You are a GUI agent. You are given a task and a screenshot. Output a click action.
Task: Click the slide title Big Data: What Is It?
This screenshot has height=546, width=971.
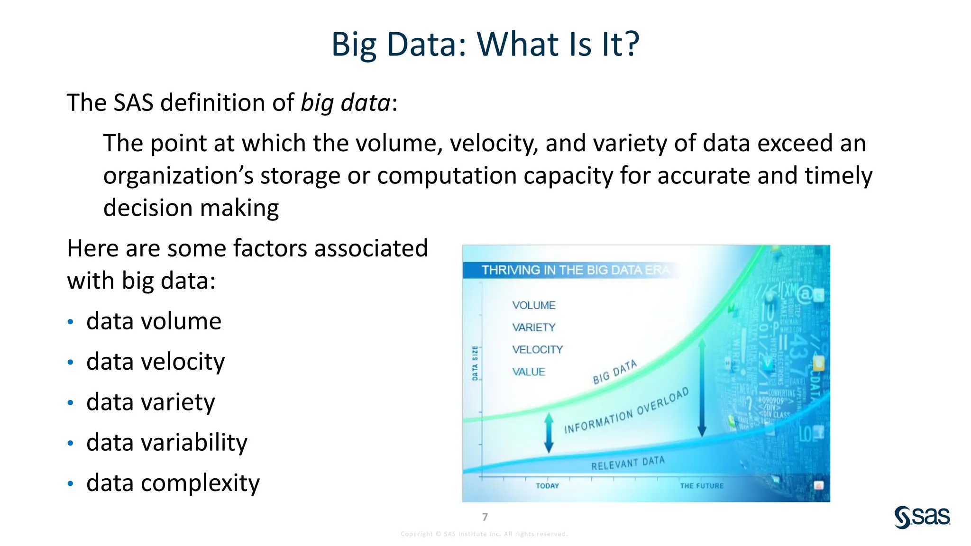pos(485,44)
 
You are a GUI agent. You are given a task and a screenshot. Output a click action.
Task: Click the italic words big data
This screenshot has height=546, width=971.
pos(346,103)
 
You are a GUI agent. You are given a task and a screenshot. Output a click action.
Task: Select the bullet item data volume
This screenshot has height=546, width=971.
pos(154,321)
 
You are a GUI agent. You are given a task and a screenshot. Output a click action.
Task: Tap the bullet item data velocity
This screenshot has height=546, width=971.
pos(156,362)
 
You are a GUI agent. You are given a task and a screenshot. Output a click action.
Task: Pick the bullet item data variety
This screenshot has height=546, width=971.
pos(150,402)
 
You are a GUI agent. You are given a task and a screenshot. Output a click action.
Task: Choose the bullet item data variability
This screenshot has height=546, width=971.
pos(166,442)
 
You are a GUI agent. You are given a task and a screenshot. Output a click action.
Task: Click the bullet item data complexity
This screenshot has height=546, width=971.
pos(173,483)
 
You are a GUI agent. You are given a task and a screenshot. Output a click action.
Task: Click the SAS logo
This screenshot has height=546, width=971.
pos(922,517)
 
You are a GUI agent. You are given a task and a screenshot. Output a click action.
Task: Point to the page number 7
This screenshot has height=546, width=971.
pos(485,517)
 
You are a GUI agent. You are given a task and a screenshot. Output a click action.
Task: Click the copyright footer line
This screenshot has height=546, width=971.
pos(484,534)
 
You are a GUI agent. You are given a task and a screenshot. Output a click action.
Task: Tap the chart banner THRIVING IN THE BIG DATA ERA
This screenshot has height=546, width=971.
pos(575,270)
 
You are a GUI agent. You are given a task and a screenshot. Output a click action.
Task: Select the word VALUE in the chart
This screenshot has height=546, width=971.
pos(528,372)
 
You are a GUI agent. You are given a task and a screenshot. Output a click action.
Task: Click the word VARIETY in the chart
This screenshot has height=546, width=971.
pos(533,328)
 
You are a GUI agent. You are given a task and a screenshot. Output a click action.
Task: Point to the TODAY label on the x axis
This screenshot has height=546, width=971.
pos(547,486)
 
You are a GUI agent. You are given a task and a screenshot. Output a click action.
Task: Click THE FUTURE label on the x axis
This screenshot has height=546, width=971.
pos(702,486)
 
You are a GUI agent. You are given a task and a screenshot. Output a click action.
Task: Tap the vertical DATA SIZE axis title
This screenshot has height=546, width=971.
pos(475,363)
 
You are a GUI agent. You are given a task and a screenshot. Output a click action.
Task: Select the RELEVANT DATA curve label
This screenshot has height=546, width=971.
pos(628,464)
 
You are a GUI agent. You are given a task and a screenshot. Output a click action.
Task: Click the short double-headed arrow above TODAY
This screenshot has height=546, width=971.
pos(549,432)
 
